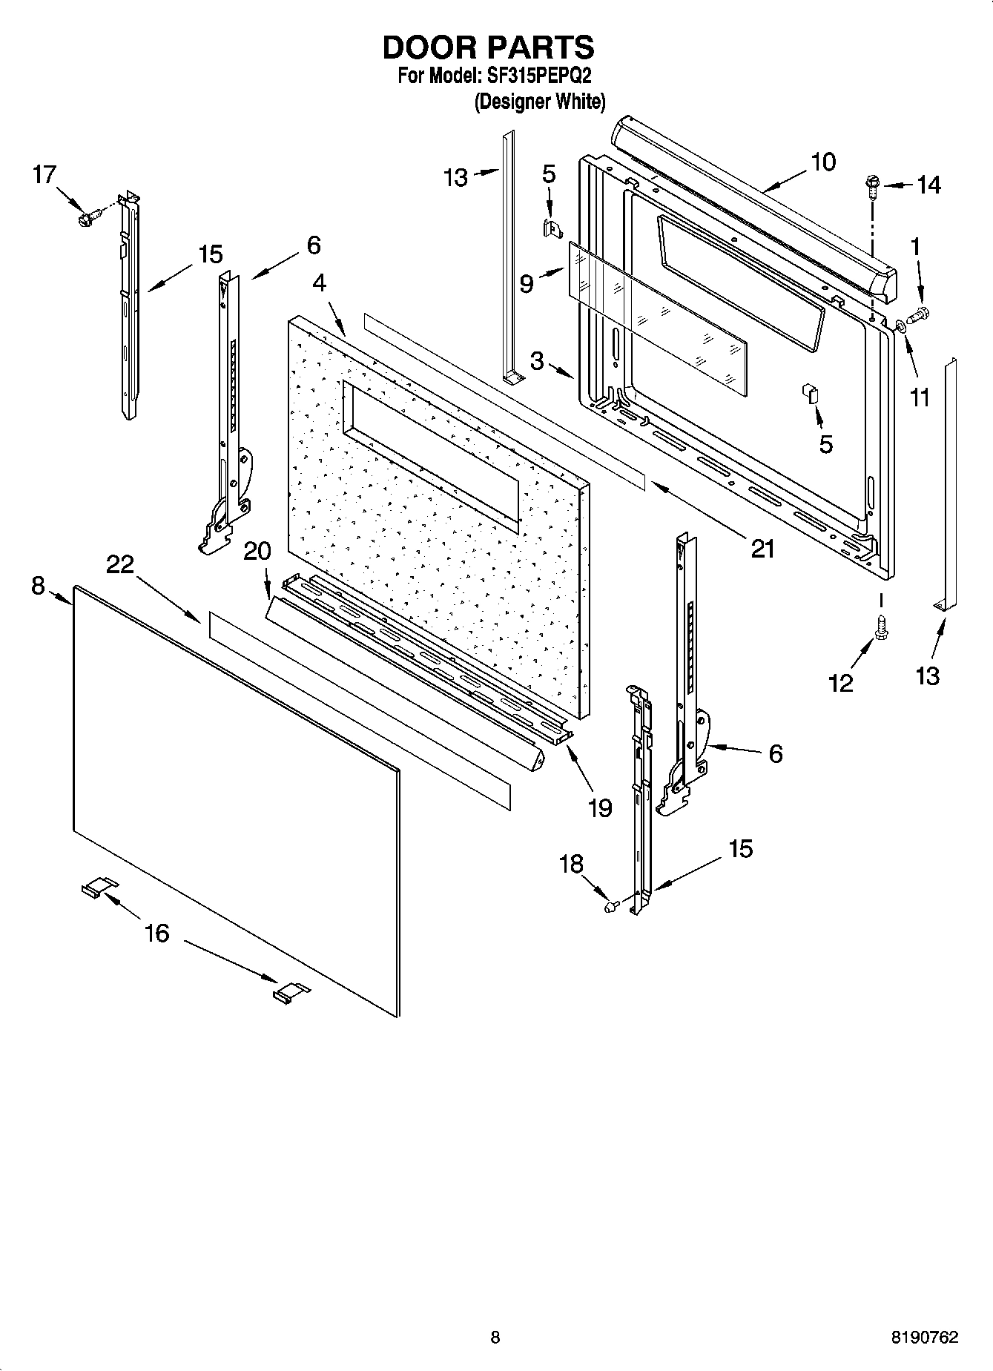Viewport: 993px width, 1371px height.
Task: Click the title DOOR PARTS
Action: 488,47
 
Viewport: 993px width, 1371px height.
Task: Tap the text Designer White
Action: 540,102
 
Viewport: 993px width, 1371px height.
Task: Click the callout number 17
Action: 44,175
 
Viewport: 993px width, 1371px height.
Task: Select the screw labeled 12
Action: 883,627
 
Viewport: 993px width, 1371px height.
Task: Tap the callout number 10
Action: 823,161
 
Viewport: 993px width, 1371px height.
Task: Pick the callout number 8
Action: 39,586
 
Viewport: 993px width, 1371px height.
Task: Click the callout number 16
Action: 156,933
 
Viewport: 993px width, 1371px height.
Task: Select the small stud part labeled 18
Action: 612,905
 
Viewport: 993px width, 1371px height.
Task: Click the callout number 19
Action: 599,807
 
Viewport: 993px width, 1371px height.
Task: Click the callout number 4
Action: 320,283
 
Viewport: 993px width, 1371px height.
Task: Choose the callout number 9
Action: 527,284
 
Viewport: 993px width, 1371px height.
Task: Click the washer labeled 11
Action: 899,325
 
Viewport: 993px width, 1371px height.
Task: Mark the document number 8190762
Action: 924,1338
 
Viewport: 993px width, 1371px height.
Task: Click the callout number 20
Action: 257,551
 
